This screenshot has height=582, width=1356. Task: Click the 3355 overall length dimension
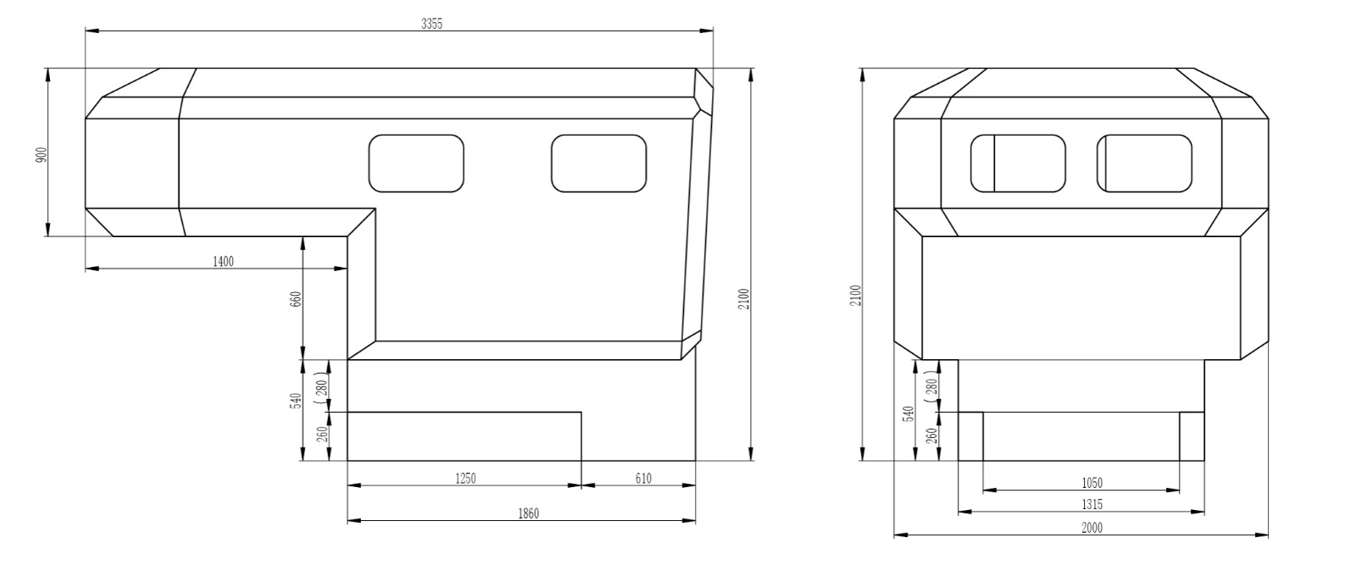point(432,24)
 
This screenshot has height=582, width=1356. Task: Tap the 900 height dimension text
point(42,155)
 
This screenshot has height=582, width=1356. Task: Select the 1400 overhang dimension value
point(223,262)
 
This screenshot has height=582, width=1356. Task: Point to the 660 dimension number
point(296,299)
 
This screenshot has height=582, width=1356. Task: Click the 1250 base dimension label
point(465,479)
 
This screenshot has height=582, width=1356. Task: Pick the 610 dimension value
point(643,479)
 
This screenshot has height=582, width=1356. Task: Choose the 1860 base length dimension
point(529,513)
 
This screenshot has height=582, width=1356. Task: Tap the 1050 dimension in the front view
point(1092,484)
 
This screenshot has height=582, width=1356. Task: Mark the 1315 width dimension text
point(1092,505)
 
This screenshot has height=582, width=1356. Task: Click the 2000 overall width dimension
point(1092,528)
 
